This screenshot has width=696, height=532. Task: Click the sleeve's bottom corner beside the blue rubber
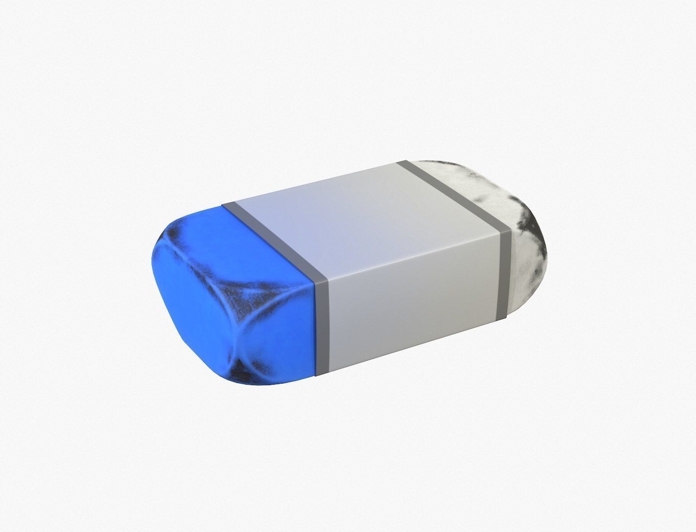click(317, 375)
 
